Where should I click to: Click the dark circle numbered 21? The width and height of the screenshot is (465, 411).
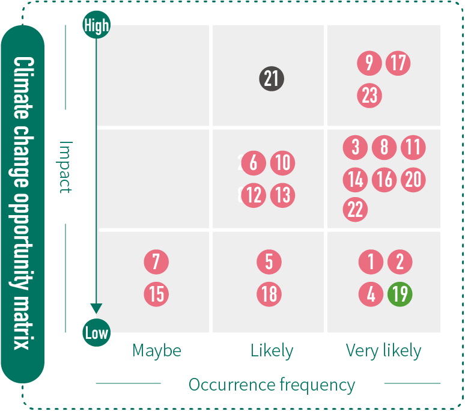(x=272, y=79)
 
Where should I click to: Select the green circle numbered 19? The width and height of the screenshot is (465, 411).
(x=400, y=294)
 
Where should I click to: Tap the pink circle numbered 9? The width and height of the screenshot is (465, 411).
(x=369, y=63)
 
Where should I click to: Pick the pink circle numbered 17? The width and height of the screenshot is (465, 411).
(x=398, y=63)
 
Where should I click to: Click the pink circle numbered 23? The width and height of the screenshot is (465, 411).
(x=369, y=96)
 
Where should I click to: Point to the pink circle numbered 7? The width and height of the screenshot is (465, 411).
(x=156, y=262)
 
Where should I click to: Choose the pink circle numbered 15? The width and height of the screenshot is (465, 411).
(x=156, y=294)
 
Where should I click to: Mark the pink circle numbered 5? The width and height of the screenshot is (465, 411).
(x=269, y=262)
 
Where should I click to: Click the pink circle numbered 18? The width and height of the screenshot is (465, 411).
(x=269, y=294)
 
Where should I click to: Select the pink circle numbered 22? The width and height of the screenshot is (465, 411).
(x=355, y=210)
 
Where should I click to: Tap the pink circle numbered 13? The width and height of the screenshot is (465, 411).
(x=282, y=195)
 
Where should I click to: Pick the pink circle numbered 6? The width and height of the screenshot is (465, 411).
(x=254, y=163)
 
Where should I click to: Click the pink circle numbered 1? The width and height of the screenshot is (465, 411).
(x=371, y=262)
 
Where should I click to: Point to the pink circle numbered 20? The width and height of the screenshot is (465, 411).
(x=413, y=179)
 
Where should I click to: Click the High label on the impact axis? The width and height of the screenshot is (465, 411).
(x=96, y=25)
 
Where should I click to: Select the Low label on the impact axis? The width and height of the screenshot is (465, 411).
(x=96, y=333)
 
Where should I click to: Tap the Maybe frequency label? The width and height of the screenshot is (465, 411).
(x=157, y=350)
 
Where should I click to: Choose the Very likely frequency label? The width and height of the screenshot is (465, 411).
(x=383, y=350)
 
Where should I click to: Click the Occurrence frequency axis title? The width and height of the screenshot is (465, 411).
(x=272, y=385)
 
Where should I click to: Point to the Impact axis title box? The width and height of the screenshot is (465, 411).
(x=66, y=166)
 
